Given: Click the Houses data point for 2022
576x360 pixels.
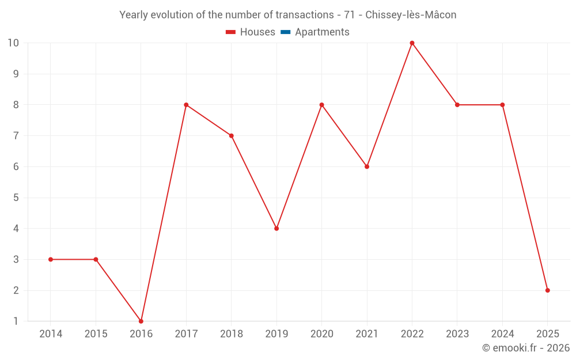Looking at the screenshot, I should click(412, 43).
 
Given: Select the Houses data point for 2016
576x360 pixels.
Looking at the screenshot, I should click(141, 321).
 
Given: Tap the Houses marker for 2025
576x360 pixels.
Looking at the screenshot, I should click(547, 290).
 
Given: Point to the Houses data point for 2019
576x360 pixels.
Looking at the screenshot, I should click(276, 229).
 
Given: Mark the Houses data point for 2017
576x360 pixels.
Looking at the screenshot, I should click(186, 105).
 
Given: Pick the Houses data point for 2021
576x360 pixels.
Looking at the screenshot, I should click(367, 166).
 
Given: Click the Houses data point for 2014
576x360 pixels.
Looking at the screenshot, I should click(51, 259).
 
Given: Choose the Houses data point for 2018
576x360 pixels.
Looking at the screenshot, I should click(231, 136).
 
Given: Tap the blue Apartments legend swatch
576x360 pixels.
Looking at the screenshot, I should click(285, 32).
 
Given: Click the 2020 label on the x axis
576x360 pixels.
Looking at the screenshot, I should click(321, 334).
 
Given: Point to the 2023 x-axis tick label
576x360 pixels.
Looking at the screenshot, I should click(457, 334).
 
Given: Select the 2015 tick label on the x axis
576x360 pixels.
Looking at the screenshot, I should click(96, 334).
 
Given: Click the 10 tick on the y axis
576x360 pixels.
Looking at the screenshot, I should click(13, 43).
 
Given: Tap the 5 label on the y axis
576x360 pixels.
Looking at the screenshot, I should click(16, 198).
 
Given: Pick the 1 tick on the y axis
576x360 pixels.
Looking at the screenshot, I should click(16, 321).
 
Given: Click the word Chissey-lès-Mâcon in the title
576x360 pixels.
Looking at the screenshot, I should click(411, 15).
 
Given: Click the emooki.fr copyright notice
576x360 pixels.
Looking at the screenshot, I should click(525, 348).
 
